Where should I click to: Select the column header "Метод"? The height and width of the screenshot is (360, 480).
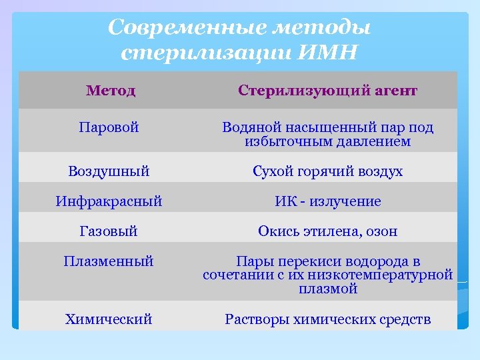[111, 90]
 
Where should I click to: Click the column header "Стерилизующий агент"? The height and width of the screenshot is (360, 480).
[327, 90]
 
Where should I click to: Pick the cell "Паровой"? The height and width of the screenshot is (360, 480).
[109, 127]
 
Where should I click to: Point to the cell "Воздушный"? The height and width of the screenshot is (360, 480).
[109, 171]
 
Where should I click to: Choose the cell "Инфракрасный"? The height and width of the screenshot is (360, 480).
[109, 201]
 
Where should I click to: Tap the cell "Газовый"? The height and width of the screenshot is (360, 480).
[109, 231]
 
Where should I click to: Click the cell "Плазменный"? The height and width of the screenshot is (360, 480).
[109, 261]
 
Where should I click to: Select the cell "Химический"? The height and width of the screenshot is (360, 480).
[109, 319]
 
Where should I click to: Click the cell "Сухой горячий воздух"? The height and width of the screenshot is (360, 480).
[327, 171]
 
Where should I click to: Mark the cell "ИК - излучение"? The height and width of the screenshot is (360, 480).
[327, 201]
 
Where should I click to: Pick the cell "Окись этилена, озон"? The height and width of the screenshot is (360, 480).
[327, 231]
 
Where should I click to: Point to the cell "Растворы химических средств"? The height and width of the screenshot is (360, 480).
[327, 319]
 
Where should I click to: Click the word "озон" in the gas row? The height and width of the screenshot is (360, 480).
[379, 231]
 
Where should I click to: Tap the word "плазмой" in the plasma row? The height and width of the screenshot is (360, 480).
[328, 289]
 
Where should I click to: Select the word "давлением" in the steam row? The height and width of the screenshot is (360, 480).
[378, 141]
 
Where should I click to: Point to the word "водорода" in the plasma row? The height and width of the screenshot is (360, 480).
[377, 261]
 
